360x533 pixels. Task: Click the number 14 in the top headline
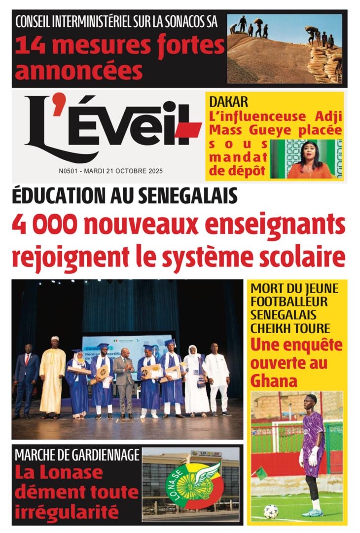(28, 47)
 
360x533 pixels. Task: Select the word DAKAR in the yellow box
(228, 103)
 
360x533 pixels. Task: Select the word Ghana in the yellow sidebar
(274, 381)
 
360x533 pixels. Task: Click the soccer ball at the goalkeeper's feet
(271, 511)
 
